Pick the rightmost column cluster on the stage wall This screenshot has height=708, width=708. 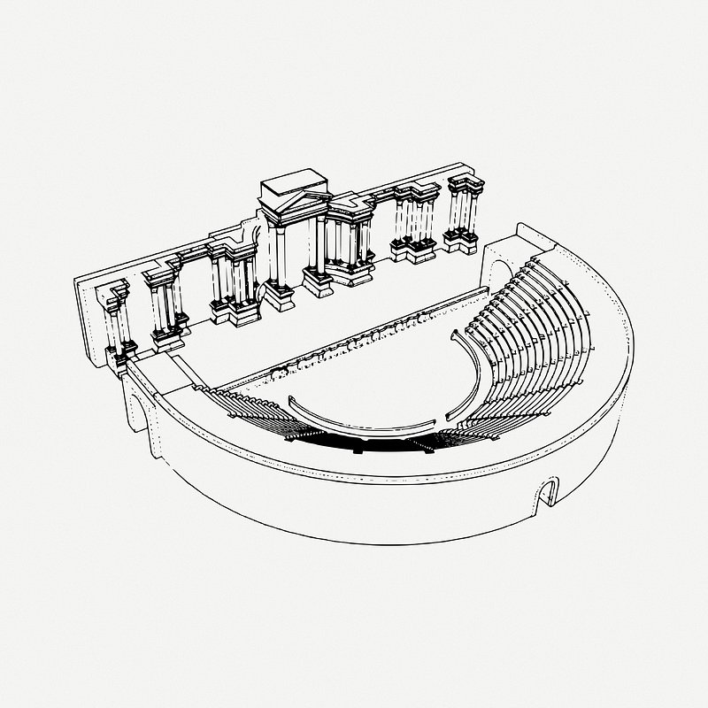(464, 212)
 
